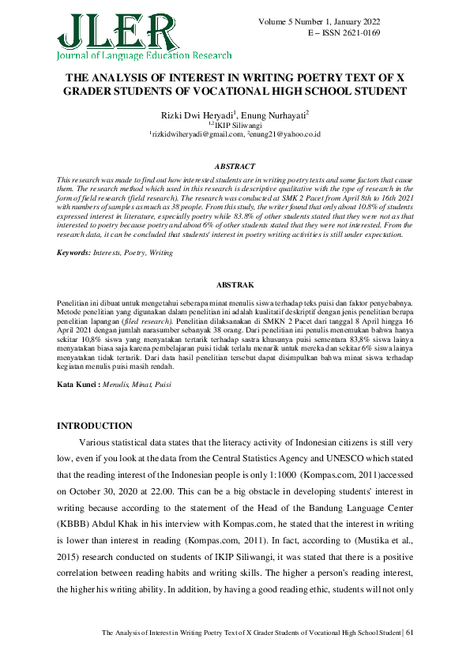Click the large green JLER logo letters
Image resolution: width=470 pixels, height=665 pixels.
click(115, 30)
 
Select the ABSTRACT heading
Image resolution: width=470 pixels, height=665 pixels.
click(235, 167)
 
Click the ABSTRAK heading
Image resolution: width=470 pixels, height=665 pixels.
click(235, 284)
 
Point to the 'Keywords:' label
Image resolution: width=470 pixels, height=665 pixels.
click(77, 252)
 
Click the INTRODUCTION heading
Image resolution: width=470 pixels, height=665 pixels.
click(95, 426)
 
